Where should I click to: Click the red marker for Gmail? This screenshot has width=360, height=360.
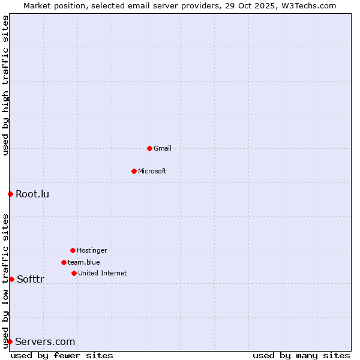[x=149, y=148]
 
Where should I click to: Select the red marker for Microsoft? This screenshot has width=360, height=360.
[x=134, y=171]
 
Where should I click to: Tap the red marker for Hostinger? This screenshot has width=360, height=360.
[x=73, y=250]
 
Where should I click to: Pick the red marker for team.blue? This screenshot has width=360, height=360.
[x=64, y=262]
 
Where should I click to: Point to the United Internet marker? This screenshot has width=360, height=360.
[x=74, y=273]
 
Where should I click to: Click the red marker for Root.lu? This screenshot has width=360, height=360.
[x=10, y=194]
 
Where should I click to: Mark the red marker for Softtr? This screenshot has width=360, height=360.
[x=11, y=279]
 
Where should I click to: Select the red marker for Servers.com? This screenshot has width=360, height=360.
[x=10, y=341]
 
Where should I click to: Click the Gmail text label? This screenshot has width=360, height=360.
[x=163, y=148]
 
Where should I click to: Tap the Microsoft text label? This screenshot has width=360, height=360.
[x=152, y=171]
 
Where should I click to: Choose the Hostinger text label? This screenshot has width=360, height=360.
[x=92, y=250]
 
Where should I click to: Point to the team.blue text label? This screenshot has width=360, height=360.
[x=84, y=262]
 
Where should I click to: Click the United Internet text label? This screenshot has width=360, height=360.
[x=103, y=273]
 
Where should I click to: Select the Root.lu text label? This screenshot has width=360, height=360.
[x=32, y=194]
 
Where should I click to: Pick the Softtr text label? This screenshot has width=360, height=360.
[x=31, y=279]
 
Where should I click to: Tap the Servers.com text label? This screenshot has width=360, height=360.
[x=45, y=341]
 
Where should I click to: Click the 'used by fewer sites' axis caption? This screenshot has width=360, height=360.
[x=62, y=355]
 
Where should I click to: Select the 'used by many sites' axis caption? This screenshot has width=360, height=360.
[x=301, y=355]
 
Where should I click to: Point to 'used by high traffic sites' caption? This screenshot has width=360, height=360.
[x=5, y=85]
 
